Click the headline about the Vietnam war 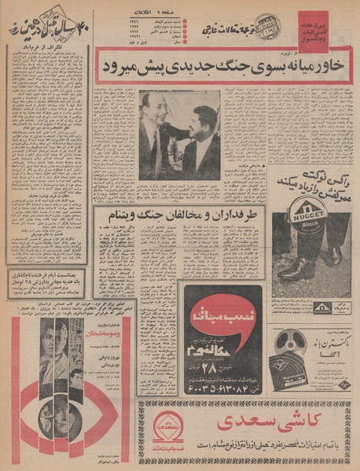coord(179,215)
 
